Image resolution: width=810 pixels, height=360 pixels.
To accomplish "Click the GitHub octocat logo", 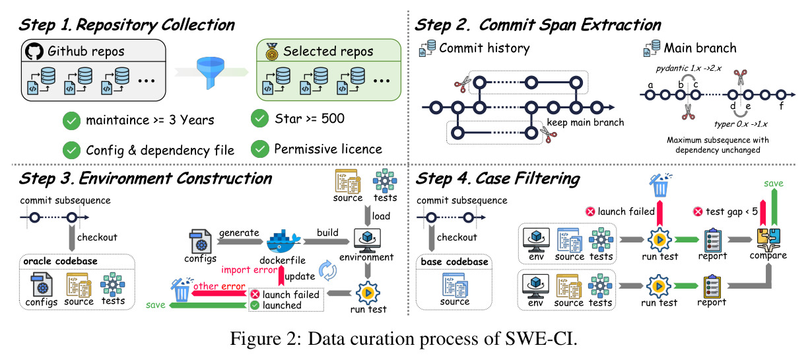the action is point(34,52).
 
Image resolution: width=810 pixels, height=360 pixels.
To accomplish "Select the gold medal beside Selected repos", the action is point(271,52).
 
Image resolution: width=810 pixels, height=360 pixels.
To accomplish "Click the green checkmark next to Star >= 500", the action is point(259,118).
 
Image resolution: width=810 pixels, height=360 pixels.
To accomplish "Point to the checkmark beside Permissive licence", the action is point(259,149).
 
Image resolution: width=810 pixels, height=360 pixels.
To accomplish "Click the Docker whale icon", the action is point(283,242).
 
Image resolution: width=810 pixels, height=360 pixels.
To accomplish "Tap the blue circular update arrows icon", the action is point(327,270).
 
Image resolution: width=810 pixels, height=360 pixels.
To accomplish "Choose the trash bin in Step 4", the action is point(660,185).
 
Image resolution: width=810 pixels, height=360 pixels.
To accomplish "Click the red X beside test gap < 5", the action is point(698,211).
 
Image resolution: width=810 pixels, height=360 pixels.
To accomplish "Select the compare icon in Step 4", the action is point(768,239).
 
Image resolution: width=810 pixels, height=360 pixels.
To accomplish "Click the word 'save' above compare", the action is point(774,184).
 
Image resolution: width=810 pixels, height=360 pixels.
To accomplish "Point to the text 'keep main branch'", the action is point(586,123).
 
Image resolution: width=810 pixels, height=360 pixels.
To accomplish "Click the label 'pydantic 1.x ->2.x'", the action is point(689,68).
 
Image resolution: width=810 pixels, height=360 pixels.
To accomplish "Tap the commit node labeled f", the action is point(781,95).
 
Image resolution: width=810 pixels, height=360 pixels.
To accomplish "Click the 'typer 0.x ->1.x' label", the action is point(741,124).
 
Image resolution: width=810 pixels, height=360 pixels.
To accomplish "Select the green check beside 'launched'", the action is point(255,305).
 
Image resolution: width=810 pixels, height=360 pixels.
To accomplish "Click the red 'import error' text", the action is point(249,270).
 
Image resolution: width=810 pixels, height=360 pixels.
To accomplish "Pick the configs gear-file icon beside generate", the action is point(200,241).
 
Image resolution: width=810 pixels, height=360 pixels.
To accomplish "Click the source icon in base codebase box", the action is point(455,285).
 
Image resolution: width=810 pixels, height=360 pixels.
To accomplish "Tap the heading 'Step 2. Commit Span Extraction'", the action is point(538,25).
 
